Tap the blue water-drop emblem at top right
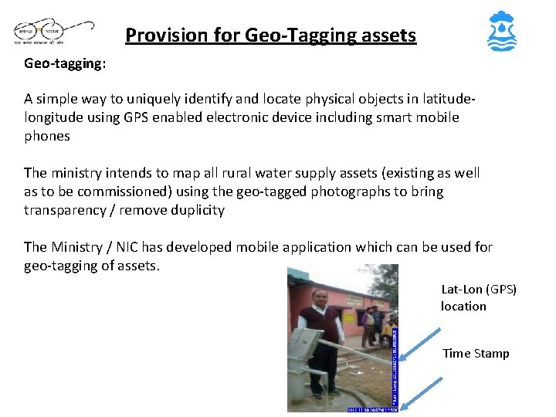tap(503, 32)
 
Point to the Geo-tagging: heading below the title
tap(65, 64)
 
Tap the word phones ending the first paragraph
tap(46, 136)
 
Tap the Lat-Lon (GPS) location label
tap(479, 297)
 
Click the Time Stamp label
tap(476, 354)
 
